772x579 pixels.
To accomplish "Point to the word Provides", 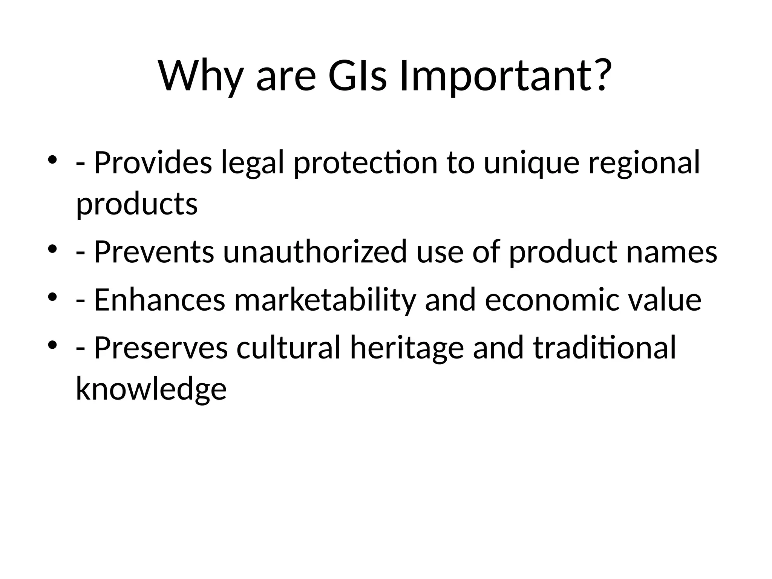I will click(x=153, y=162).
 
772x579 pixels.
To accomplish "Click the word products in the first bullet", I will click(x=137, y=205).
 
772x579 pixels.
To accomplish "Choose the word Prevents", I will click(x=154, y=251).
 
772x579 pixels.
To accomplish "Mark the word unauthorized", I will click(x=315, y=251).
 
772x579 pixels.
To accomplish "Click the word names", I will click(x=672, y=252).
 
